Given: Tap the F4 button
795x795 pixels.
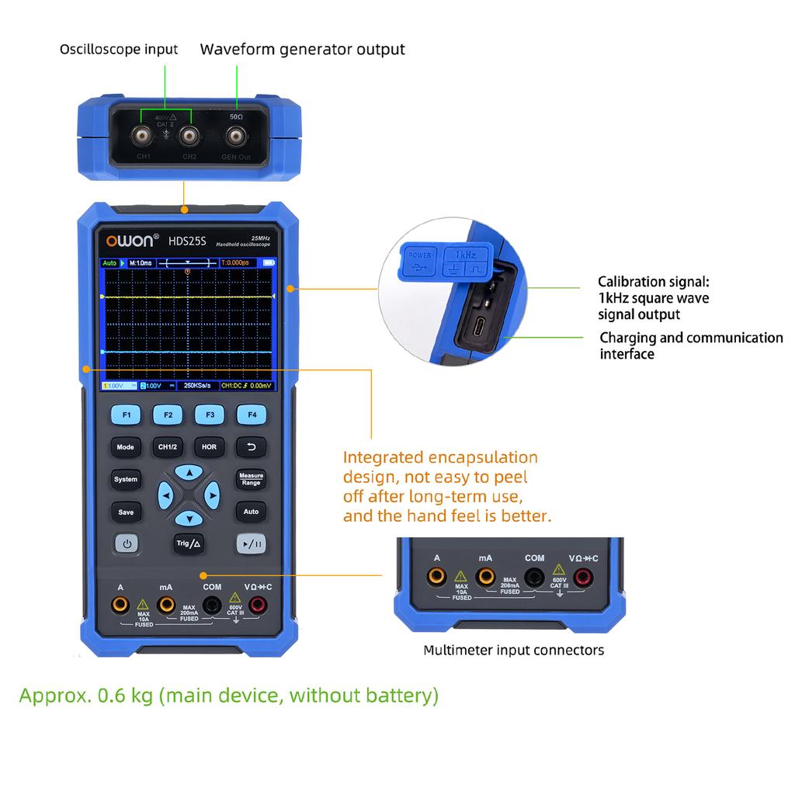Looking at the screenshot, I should tap(252, 415).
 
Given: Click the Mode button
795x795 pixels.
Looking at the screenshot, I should tap(126, 447).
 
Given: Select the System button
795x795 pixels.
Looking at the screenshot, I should tap(126, 480).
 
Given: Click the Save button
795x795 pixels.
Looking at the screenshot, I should tap(126, 512).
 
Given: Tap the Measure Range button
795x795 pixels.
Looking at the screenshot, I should tap(251, 480).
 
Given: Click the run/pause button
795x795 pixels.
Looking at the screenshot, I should tap(252, 544).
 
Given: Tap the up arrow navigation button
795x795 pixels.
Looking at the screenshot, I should tap(189, 472).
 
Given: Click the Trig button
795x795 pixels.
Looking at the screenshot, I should tap(189, 543).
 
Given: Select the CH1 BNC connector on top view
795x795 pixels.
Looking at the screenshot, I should tap(144, 137).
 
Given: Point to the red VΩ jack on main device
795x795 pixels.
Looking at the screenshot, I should tap(258, 604).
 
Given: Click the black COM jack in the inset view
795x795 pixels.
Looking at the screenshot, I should tap(534, 577).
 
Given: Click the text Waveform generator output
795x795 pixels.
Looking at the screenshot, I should tap(302, 50).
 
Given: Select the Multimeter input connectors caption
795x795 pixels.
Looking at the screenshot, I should tap(513, 650).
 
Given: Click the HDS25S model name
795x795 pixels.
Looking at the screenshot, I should tap(187, 241).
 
